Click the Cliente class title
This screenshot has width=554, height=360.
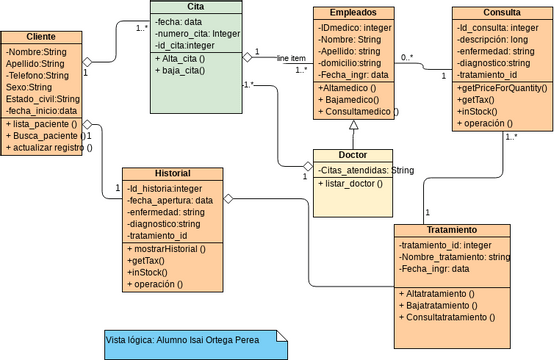42,36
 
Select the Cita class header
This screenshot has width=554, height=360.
195,7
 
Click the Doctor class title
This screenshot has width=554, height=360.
353,156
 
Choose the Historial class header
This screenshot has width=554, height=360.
171,173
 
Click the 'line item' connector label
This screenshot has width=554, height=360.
291,58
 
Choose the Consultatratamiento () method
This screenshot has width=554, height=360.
446,317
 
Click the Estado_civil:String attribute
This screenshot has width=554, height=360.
42,98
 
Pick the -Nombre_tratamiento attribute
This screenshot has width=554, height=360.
455,257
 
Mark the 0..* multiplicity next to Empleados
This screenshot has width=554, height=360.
406,58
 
